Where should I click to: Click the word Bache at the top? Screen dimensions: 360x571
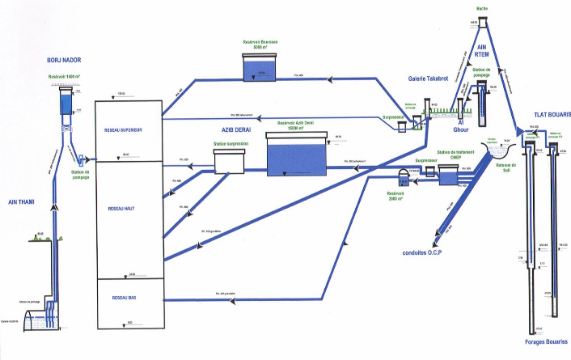[482, 8]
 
